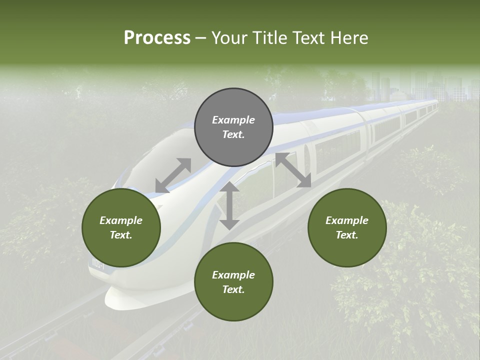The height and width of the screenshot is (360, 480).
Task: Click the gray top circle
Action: tap(233, 127)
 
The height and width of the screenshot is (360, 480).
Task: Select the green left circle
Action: tap(121, 228)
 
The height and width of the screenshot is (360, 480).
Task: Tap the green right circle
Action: tap(346, 228)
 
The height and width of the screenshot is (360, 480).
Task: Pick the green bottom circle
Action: tap(233, 282)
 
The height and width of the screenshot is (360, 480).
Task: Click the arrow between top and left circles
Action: tap(173, 175)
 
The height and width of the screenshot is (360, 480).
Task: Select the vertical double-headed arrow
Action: tap(229, 205)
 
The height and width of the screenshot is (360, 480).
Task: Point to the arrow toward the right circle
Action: tap(293, 170)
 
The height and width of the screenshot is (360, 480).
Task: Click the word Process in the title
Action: tap(157, 37)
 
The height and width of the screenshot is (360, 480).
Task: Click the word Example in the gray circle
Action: tap(233, 120)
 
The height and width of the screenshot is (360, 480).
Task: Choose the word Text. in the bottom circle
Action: tap(233, 289)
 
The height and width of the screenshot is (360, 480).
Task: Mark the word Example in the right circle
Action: tap(346, 220)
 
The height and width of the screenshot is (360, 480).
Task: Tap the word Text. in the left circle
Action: tap(121, 235)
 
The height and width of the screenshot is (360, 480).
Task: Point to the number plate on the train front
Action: tap(96, 265)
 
